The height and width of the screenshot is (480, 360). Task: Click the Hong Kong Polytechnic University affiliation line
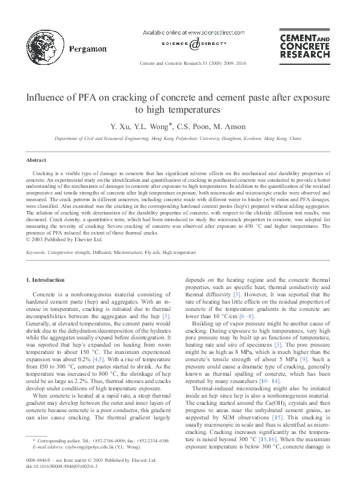pyautogui.click(x=178, y=138)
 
